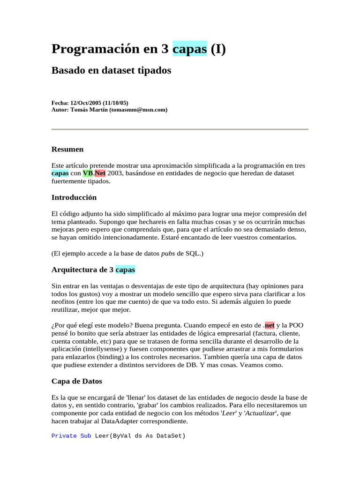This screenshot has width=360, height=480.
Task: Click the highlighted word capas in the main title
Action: click(190, 49)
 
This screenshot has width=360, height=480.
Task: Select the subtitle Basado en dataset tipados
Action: click(111, 71)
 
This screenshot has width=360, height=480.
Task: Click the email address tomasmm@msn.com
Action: click(138, 110)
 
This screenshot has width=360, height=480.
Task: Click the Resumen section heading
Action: click(67, 149)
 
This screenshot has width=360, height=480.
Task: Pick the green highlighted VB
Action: click(88, 173)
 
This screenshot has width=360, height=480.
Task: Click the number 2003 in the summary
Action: click(114, 173)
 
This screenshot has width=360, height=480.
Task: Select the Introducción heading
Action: click(74, 197)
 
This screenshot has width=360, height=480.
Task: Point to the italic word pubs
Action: click(168, 254)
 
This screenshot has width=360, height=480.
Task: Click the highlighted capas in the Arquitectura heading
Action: click(125, 270)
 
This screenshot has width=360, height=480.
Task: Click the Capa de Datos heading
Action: click(77, 381)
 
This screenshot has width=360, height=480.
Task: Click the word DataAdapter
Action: click(115, 421)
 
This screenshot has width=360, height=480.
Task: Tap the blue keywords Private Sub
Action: click(71, 436)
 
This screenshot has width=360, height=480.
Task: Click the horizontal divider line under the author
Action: click(180, 129)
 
